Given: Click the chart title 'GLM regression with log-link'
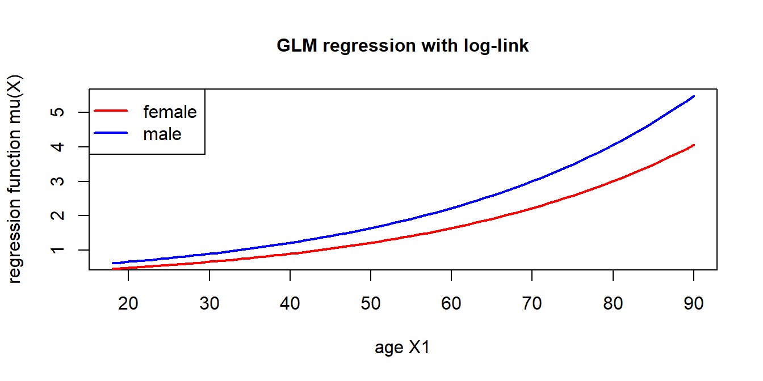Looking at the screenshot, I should coord(403,46).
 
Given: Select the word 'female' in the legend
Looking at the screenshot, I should coord(170,112).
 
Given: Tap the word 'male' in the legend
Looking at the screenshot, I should coord(162,134).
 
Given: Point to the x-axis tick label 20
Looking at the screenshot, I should coord(128,303).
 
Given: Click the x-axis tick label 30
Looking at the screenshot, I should coord(209,303).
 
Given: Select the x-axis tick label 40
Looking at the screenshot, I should coord(290,303).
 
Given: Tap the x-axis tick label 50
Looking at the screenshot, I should coord(371,303).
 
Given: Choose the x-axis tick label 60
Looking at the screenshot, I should coord(451,303).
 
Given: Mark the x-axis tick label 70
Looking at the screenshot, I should coord(532,303).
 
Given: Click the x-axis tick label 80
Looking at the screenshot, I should coord(613,303).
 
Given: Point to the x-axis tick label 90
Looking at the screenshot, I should coord(694,303).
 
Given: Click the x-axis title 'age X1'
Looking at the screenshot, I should coord(403,348).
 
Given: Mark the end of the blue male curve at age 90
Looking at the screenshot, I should coord(694,96).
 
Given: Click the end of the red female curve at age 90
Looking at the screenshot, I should coord(694,145).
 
